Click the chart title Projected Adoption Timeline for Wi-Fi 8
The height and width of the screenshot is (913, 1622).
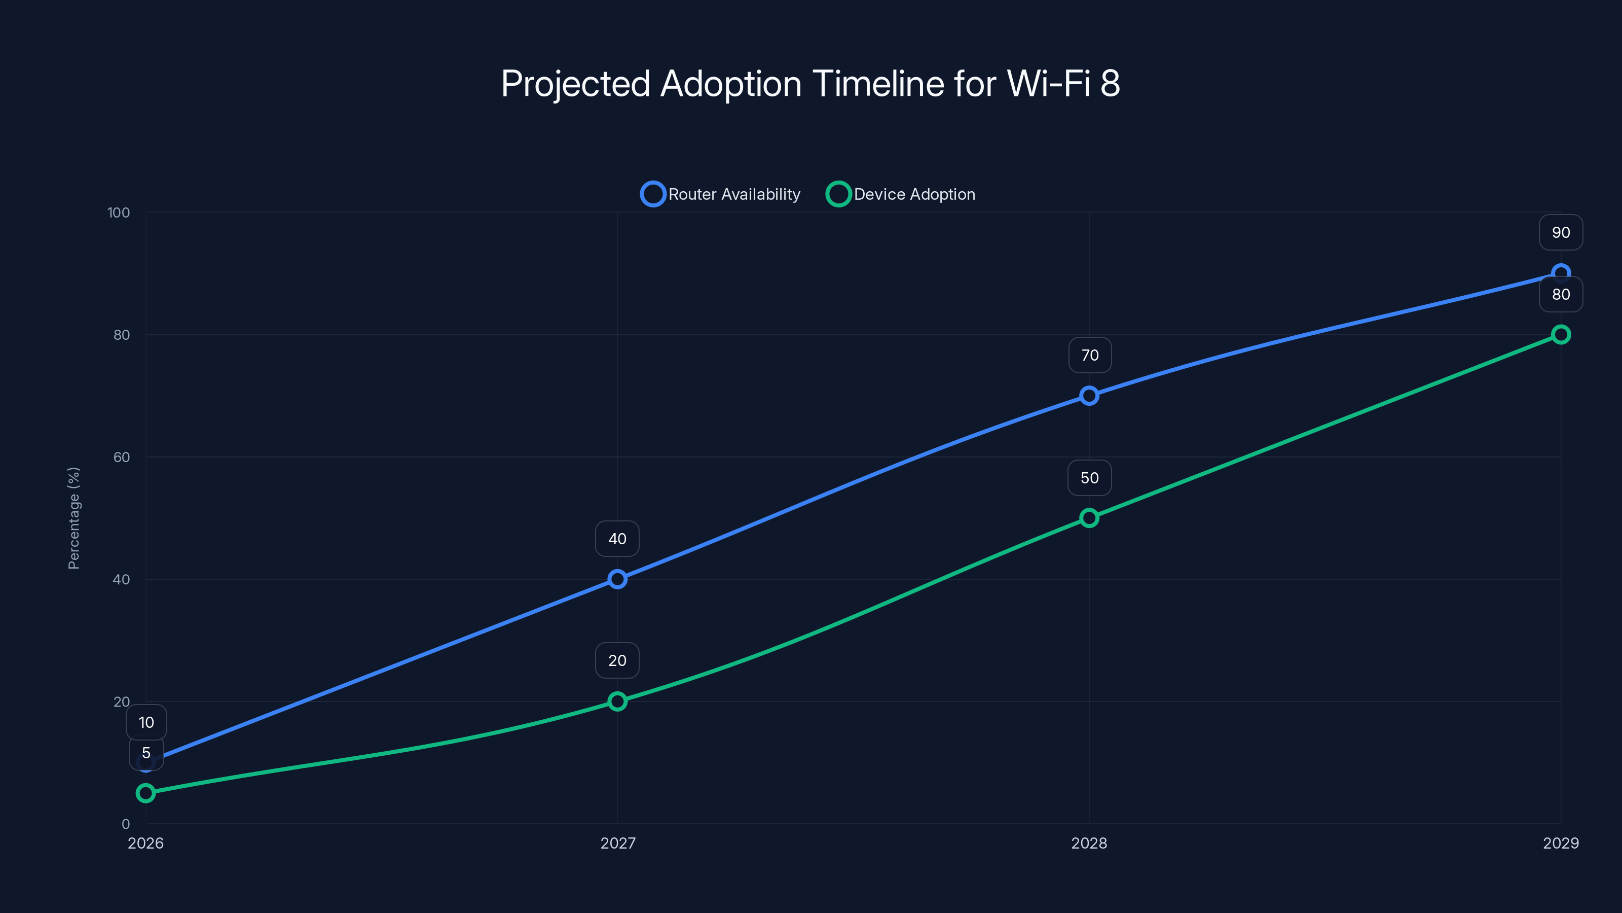810,83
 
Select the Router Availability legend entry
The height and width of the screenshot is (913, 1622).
721,194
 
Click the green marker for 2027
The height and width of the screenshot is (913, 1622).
617,701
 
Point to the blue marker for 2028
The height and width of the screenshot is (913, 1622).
1089,396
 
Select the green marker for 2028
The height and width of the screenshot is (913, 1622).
1089,518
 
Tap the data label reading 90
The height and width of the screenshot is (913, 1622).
1560,232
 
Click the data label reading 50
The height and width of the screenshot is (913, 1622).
1089,478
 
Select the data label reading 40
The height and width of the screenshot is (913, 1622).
617,539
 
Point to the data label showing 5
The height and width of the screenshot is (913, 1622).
146,753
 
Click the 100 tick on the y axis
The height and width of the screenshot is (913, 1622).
119,213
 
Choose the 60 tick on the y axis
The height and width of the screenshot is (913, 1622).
122,458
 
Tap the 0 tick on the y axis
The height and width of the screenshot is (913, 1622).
125,824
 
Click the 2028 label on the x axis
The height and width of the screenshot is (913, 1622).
1089,843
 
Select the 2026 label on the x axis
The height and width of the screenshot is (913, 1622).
145,843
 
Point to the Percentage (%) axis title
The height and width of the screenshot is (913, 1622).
73,518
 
